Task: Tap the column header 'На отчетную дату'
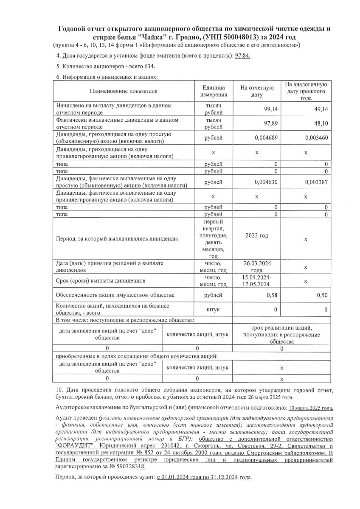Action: pos(257,91)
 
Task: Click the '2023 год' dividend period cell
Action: pos(257,235)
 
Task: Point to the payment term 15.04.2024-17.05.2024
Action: pos(257,281)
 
